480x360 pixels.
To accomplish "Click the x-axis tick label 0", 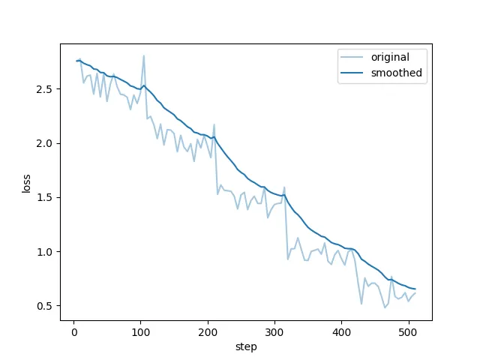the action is click(74, 333).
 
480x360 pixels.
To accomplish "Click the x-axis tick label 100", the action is click(141, 333).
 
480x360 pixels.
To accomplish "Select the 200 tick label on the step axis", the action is click(208, 333).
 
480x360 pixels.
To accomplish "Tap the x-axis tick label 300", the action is click(274, 333).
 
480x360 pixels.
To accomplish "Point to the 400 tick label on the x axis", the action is click(341, 333).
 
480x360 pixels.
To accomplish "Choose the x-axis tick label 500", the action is click(408, 333).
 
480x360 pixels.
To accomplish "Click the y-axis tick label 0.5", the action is click(44, 306).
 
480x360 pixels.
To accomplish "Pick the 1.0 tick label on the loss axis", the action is click(44, 252).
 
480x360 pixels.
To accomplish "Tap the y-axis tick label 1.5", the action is click(44, 198).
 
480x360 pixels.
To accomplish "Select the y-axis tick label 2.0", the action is click(44, 143).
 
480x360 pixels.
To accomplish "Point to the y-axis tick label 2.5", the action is click(44, 89).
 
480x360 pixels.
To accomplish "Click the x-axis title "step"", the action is click(246, 347).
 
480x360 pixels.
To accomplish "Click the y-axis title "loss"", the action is click(26, 183).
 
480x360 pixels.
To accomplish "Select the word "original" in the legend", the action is click(390, 58).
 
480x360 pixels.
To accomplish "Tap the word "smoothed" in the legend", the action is click(397, 73).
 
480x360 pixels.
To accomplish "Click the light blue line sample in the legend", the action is click(352, 57).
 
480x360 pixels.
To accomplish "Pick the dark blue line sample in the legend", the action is click(352, 73).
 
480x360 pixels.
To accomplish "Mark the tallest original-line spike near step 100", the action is click(143, 55).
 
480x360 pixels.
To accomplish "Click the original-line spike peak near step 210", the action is click(214, 124).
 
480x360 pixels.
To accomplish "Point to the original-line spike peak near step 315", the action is click(284, 187).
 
